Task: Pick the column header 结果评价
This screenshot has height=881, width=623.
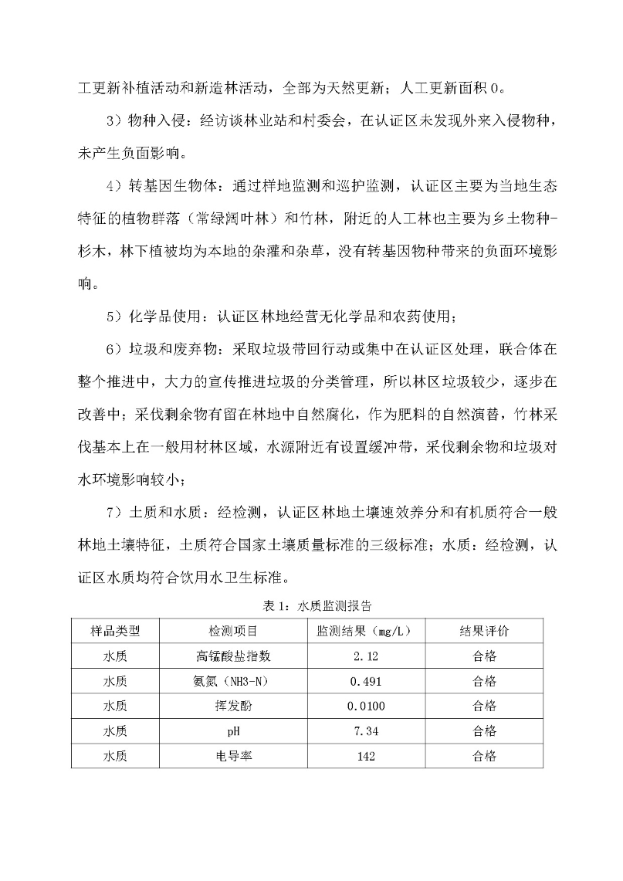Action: [484, 632]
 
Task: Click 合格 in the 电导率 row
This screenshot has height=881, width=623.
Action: [484, 756]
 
